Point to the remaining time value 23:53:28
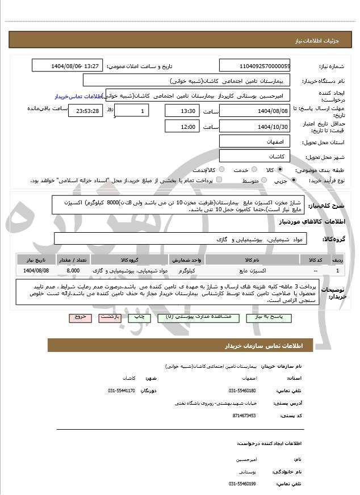86,111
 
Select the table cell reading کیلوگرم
186,271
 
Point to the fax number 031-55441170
122,391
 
